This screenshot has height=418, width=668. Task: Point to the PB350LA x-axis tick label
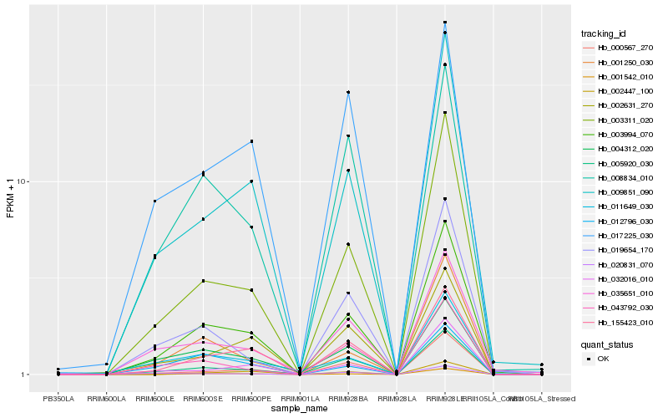pos(58,399)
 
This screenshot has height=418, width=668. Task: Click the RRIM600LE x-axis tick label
pos(154,399)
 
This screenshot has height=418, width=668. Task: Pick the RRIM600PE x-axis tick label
pos(251,399)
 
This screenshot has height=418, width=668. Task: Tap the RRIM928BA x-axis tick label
pos(348,399)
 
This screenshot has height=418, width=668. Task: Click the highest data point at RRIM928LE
pos(445,23)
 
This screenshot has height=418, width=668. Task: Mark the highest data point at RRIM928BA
pos(348,92)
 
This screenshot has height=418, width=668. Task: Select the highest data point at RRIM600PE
pos(251,141)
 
